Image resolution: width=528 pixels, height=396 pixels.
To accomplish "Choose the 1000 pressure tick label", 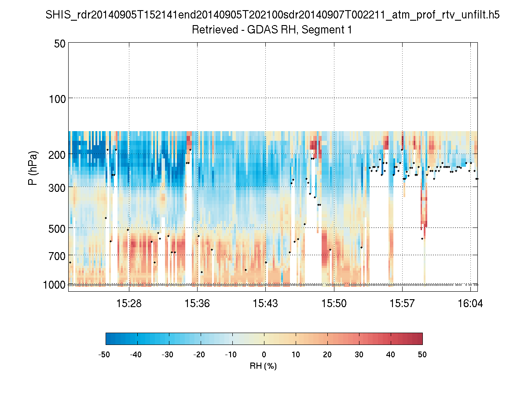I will point(55,285).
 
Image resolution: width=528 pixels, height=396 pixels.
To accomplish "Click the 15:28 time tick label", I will point(129,304).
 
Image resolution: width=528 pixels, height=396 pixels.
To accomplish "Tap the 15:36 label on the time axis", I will point(197,304).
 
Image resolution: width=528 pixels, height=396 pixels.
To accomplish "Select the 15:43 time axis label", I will point(265,304).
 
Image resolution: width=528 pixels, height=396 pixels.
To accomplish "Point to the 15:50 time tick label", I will point(334,304).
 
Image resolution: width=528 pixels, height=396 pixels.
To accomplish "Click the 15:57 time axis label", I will point(402,304).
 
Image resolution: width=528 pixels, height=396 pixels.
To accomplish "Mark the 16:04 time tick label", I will point(470,304).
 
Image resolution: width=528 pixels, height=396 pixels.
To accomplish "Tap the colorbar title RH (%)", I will point(263,366).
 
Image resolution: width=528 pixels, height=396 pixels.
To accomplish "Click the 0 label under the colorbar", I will point(264,354).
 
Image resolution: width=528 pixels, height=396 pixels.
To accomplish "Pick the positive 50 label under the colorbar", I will point(422,354).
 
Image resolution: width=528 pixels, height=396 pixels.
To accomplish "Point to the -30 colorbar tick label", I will point(168,354).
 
